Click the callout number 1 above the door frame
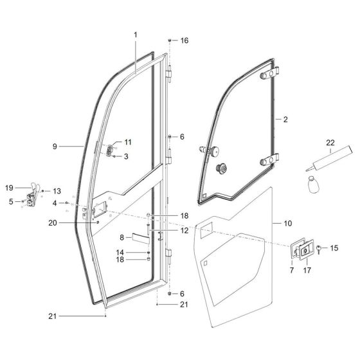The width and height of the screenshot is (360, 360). pos(136,33)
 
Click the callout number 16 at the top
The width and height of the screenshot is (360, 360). pos(184,40)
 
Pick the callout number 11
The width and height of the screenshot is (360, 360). pos(127,141)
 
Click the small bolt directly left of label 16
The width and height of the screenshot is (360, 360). pos(170,40)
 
